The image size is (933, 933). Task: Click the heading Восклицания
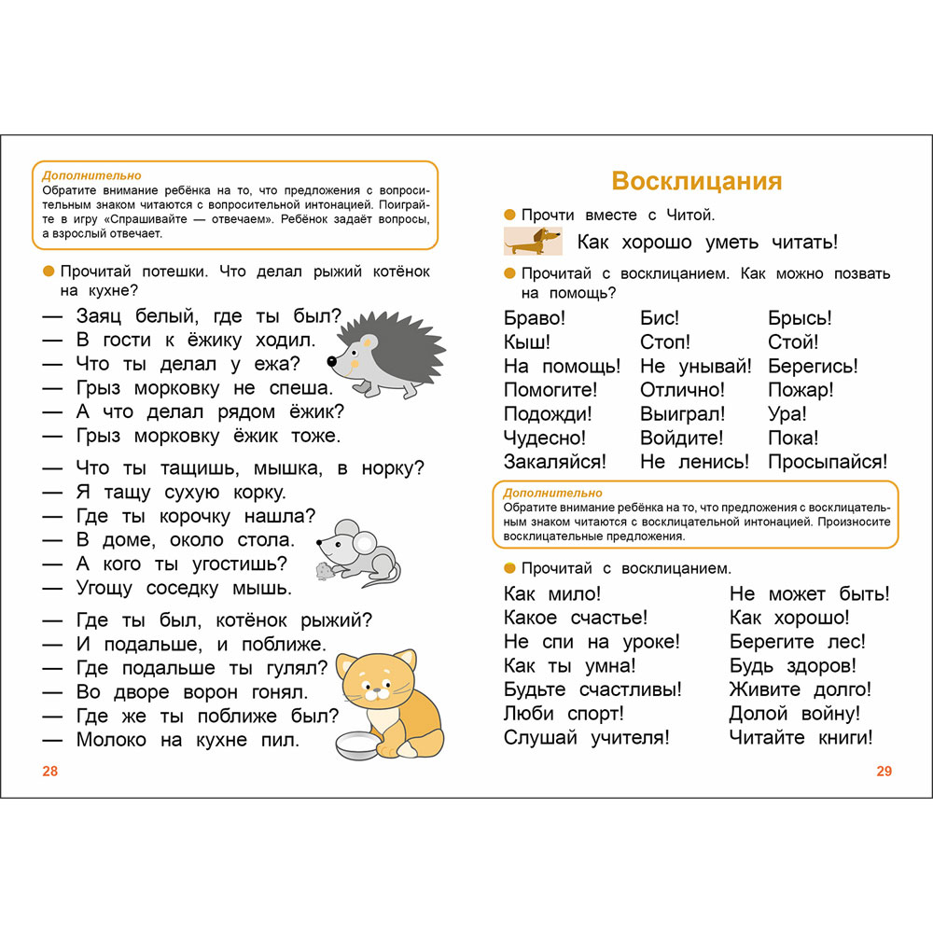(x=696, y=181)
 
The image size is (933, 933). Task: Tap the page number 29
(x=884, y=771)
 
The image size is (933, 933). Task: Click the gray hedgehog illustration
(x=384, y=355)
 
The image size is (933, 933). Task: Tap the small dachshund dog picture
(x=534, y=241)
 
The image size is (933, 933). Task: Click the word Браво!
(x=535, y=318)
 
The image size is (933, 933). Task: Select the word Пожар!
(x=801, y=390)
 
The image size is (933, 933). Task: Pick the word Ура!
(x=787, y=413)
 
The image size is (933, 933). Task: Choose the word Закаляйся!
(x=554, y=461)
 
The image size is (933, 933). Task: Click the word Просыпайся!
(x=828, y=461)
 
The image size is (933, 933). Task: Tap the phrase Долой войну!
(x=795, y=714)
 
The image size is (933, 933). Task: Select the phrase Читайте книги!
(x=801, y=738)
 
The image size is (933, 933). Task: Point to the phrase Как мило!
(x=552, y=593)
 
